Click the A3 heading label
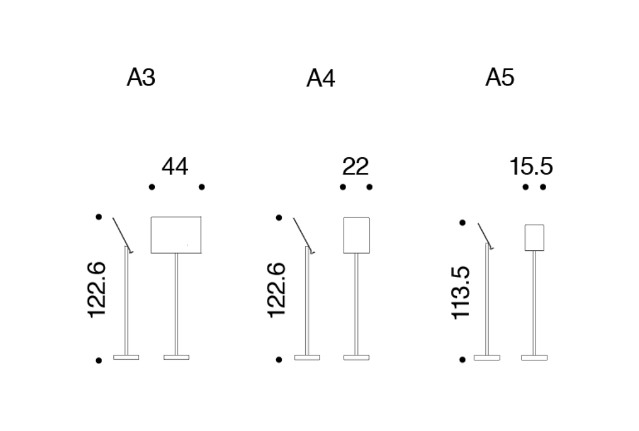(x=141, y=77)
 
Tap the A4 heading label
(x=321, y=78)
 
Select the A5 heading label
(x=500, y=77)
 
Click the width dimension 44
(x=175, y=167)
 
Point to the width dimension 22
(x=356, y=167)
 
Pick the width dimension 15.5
(x=531, y=167)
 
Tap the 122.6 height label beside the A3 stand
(x=97, y=290)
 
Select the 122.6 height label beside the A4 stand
(x=277, y=290)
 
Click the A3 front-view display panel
(x=176, y=235)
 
